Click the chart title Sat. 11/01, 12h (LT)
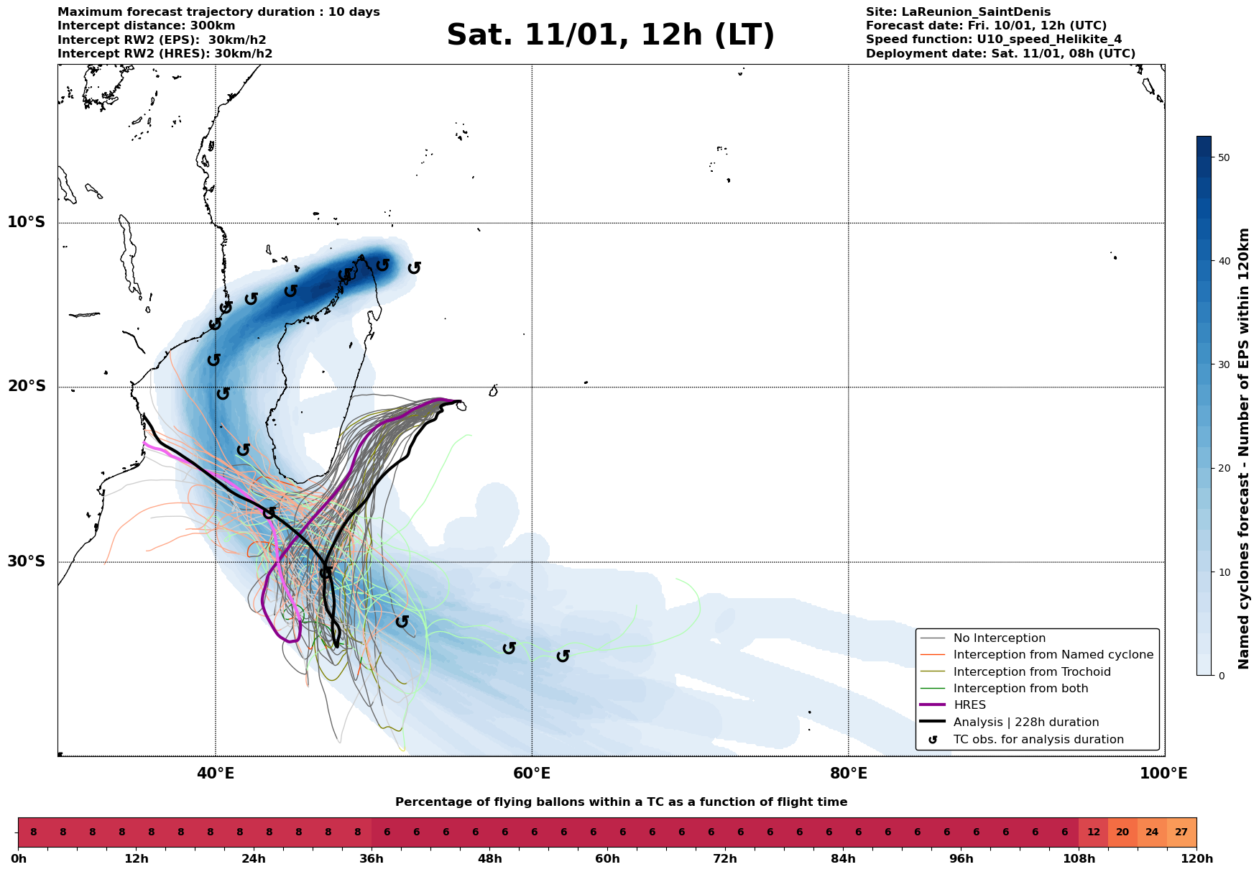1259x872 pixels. point(610,35)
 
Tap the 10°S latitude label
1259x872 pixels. point(27,222)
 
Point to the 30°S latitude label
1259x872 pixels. point(27,561)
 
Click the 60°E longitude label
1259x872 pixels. point(532,774)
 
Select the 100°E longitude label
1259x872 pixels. point(1163,774)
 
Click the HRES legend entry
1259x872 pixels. point(969,705)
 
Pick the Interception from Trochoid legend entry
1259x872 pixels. point(1032,672)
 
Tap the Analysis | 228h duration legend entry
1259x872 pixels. point(1025,722)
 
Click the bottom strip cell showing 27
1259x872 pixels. point(1181,832)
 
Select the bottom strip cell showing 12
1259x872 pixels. point(1093,832)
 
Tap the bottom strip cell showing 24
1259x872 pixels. point(1152,832)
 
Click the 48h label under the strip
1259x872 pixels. point(489,859)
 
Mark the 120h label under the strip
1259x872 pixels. point(1196,859)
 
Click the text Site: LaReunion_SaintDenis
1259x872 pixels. point(958,12)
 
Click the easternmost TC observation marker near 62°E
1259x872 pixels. point(563,656)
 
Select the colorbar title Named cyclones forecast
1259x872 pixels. point(1245,449)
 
